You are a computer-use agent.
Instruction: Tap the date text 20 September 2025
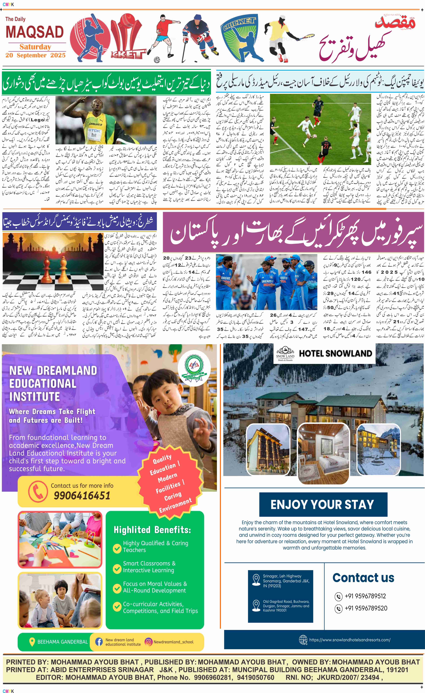35,55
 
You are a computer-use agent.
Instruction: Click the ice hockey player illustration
199,37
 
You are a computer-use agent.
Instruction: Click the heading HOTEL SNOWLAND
335,354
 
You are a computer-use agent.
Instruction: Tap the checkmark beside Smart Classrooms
117,567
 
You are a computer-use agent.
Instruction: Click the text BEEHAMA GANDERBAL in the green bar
62,642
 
